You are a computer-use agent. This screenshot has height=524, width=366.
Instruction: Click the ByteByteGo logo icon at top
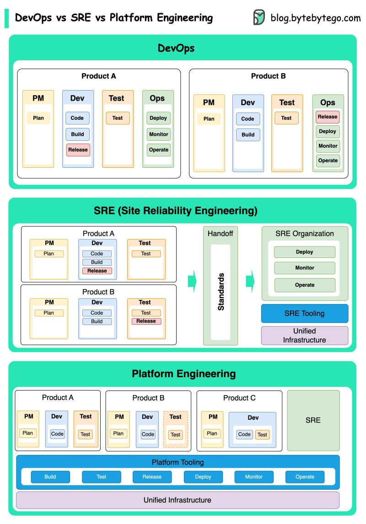coord(259,17)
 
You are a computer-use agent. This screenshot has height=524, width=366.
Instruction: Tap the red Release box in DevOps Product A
coord(78,150)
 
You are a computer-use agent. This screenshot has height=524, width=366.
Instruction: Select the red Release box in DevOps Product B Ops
coord(328,117)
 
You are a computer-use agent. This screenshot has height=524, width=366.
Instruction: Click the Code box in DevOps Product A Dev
coord(77,118)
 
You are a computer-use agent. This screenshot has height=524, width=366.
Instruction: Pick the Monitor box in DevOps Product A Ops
coord(159,134)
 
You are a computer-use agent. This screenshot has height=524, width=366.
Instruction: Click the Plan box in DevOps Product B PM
coord(209,119)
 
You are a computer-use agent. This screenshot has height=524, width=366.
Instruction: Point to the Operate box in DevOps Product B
coord(328,160)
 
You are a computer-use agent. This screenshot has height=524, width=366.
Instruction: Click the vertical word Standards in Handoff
coord(221,292)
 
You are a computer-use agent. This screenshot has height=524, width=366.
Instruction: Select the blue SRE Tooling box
coord(304,314)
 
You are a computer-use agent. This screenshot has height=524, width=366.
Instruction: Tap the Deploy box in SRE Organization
coord(305,252)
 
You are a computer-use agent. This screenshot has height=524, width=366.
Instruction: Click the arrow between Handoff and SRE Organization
coord(250,281)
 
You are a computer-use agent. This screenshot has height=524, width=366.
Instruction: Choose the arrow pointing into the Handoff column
coord(192,281)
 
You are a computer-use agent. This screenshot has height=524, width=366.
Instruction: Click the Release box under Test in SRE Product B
coord(146,321)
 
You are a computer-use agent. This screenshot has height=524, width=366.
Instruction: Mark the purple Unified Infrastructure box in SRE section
coord(304,335)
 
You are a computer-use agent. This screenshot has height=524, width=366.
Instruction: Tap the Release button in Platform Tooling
coord(152,477)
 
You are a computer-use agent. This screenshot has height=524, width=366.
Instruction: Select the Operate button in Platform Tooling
coord(305,477)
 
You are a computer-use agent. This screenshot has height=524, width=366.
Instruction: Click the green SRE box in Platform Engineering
coord(313,420)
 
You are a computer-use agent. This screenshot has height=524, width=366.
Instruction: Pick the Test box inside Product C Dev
coord(262,434)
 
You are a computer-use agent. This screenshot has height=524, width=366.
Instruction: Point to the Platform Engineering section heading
coord(183,374)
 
